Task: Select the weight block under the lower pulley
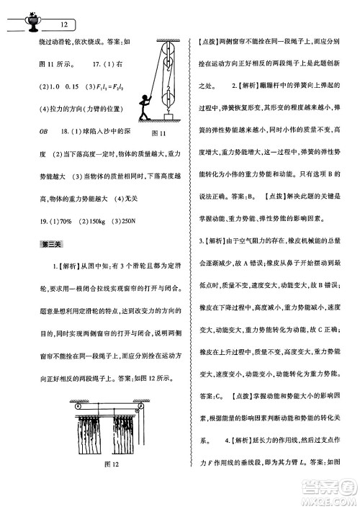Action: pos(169,116)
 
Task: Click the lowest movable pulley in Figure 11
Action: pos(169,94)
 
